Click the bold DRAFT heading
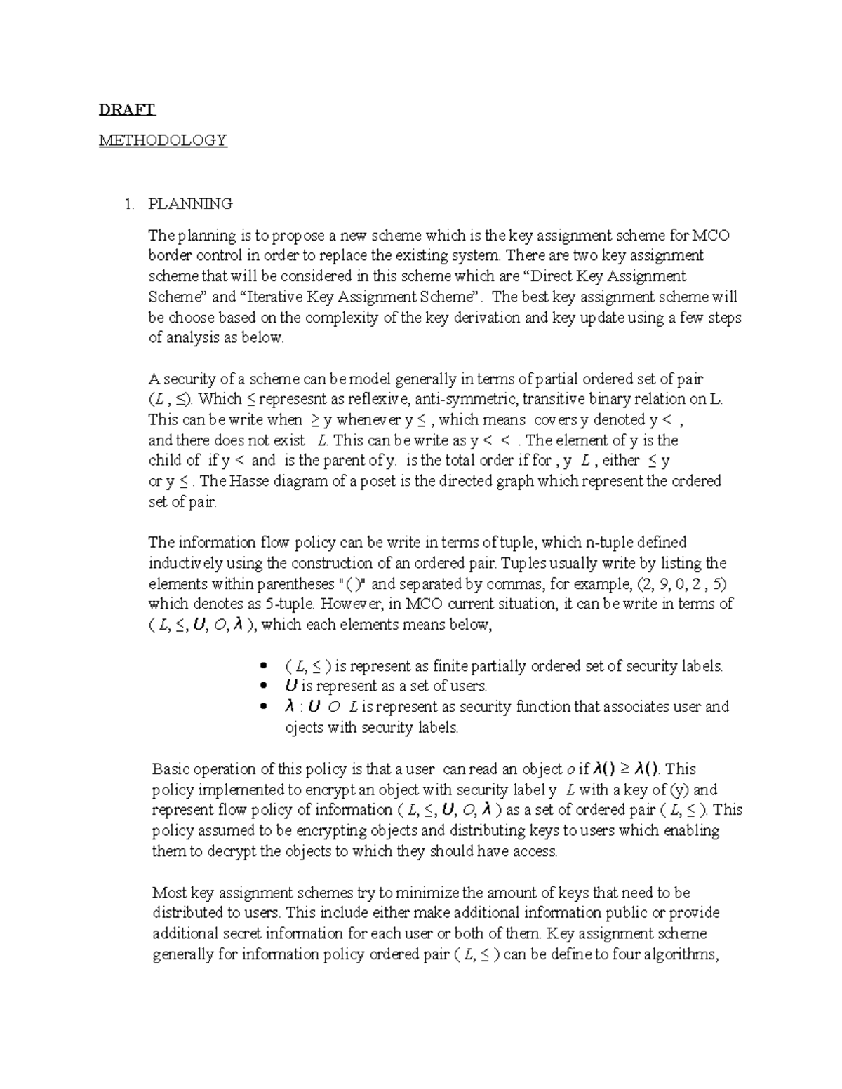127,109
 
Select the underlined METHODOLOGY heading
163,140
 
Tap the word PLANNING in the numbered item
190,204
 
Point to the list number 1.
127,204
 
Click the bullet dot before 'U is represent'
264,686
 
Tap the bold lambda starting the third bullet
288,706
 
